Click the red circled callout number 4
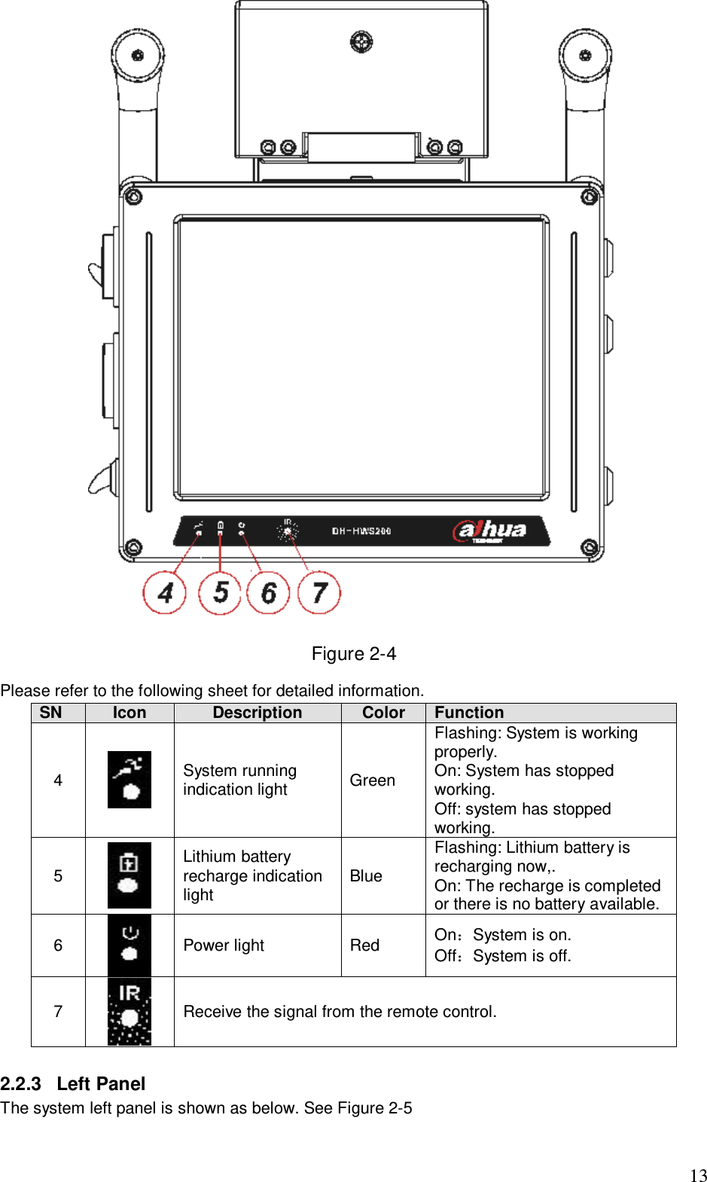click(165, 593)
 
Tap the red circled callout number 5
click(219, 593)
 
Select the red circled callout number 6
click(269, 593)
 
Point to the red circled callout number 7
click(319, 593)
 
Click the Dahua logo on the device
click(490, 530)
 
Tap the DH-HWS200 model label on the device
click(361, 531)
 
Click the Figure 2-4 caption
click(353, 654)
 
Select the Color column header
click(383, 713)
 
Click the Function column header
click(469, 713)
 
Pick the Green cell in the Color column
click(372, 780)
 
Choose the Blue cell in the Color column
click(366, 876)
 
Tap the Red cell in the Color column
click(364, 945)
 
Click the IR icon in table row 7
click(130, 1012)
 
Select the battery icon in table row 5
click(130, 875)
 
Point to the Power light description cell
click(224, 945)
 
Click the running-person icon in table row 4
click(130, 780)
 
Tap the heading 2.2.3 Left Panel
click(73, 1084)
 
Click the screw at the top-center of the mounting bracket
click(361, 41)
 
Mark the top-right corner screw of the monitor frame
click(590, 197)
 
